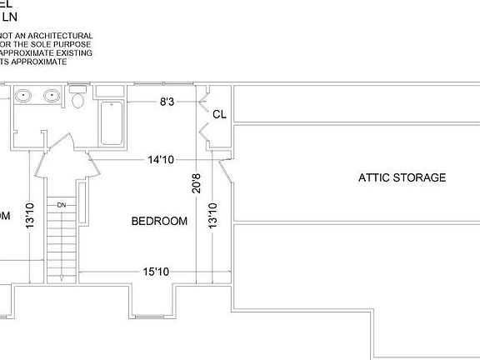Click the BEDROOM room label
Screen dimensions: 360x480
click(x=159, y=221)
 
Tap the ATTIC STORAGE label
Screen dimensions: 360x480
click(x=402, y=177)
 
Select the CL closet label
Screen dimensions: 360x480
click(x=220, y=114)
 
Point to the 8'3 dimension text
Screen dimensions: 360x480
click(x=167, y=102)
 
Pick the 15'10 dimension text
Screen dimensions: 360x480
click(x=157, y=272)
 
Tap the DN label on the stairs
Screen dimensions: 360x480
click(x=61, y=204)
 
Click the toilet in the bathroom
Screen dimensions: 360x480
click(x=78, y=100)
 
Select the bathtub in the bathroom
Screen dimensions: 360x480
click(x=112, y=122)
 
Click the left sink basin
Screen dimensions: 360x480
click(x=23, y=96)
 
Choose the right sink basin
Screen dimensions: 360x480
click(x=52, y=96)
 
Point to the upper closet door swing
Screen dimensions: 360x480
click(x=202, y=105)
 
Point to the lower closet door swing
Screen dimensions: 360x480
click(x=202, y=131)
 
